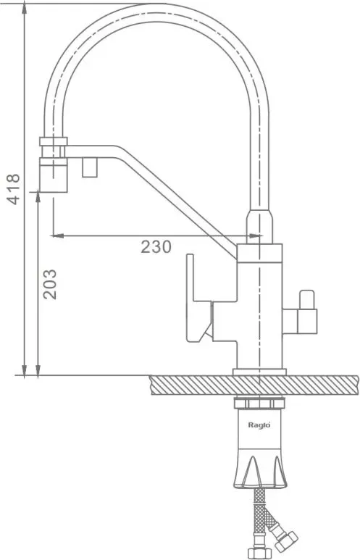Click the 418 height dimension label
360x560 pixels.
click(14, 189)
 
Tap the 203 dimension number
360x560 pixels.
click(50, 284)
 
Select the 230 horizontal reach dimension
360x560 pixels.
click(156, 247)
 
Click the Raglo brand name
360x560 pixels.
click(259, 425)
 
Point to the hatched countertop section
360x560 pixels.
click(254, 385)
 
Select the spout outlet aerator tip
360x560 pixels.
click(53, 175)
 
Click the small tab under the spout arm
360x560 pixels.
click(90, 167)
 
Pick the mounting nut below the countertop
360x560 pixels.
click(259, 404)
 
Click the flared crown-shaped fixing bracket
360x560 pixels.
click(259, 469)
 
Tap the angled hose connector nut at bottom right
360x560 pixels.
click(285, 541)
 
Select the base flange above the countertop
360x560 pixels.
click(259, 372)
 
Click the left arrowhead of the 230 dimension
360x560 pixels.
click(57, 235)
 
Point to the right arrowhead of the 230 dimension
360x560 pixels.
click(256, 235)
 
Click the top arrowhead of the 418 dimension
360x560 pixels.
click(25, 9)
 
